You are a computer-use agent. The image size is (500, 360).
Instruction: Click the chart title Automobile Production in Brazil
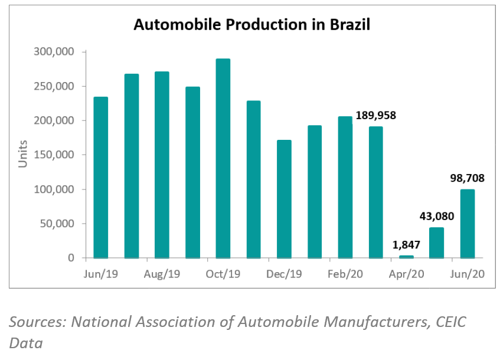[251, 25]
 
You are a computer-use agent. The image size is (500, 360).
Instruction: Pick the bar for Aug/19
[162, 165]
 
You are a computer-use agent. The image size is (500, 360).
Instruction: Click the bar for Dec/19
[285, 199]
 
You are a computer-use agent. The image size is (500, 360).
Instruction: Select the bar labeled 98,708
[468, 224]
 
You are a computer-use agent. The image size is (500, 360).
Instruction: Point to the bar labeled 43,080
[437, 243]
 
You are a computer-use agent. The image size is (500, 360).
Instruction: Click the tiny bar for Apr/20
[407, 257]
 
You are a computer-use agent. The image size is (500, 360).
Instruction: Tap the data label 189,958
[375, 116]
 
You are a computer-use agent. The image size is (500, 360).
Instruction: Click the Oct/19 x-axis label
[223, 274]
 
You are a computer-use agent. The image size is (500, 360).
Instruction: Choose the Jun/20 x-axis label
[468, 274]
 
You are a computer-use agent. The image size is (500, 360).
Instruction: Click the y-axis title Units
[23, 155]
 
